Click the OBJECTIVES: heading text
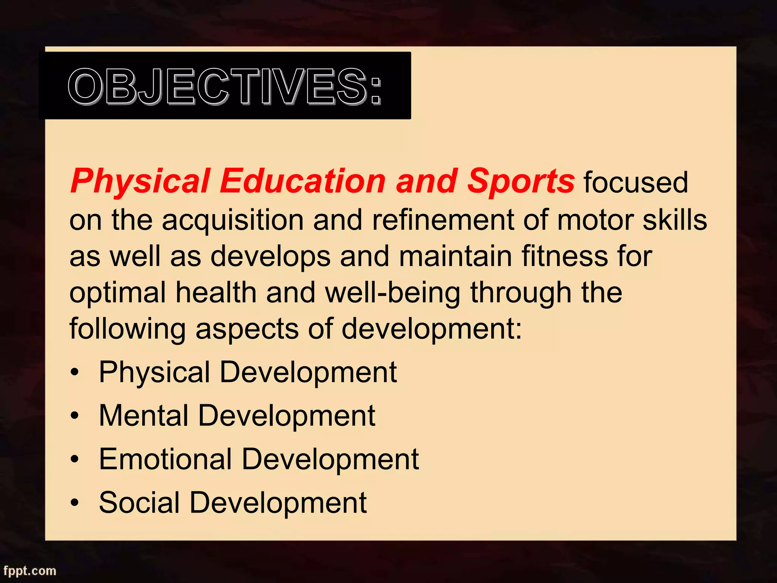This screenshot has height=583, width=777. pyautogui.click(x=225, y=87)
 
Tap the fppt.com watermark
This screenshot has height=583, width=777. pyautogui.click(x=30, y=570)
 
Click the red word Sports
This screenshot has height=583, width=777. pyautogui.click(x=521, y=181)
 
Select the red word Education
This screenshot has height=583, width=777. pyautogui.click(x=303, y=181)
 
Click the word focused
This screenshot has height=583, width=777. pyautogui.click(x=635, y=183)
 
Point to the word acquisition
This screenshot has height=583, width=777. pyautogui.click(x=233, y=221)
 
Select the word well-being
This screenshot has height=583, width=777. pyautogui.click(x=393, y=293)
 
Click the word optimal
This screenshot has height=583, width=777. pyautogui.click(x=118, y=293)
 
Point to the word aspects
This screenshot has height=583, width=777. pyautogui.click(x=247, y=329)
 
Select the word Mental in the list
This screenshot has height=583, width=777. pyautogui.click(x=143, y=416)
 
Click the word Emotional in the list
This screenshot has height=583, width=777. pyautogui.click(x=165, y=459)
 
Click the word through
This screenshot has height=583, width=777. pyautogui.click(x=521, y=293)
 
